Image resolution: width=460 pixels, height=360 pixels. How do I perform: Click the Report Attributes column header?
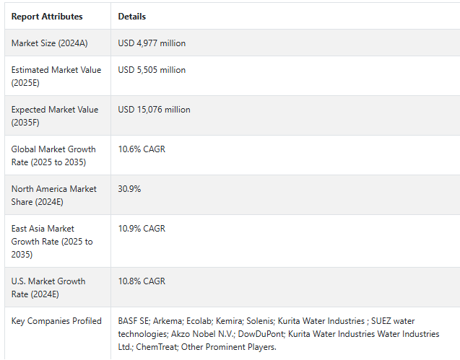(x=47, y=16)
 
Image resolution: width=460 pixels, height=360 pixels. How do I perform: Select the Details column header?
(x=131, y=16)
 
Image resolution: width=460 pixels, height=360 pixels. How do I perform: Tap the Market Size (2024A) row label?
(x=50, y=43)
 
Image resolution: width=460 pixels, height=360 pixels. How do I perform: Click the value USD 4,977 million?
(x=152, y=43)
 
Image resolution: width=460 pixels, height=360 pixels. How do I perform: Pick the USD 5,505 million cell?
(x=152, y=70)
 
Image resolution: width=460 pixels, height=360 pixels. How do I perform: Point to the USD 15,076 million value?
(x=154, y=110)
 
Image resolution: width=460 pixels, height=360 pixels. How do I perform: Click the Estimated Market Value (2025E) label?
(x=56, y=76)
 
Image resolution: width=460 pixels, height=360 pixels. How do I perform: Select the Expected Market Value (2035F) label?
(x=55, y=116)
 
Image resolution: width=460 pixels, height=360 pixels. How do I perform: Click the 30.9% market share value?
(x=129, y=189)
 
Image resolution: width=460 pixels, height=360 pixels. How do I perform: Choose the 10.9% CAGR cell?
(x=142, y=229)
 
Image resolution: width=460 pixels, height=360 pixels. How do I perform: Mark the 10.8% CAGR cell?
(x=142, y=281)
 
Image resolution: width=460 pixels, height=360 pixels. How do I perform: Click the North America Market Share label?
(x=53, y=196)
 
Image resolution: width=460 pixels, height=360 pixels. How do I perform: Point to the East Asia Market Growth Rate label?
(x=52, y=242)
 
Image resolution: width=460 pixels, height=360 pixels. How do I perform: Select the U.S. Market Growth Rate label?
(x=48, y=288)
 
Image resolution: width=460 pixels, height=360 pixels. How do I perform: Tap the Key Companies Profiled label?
(x=56, y=321)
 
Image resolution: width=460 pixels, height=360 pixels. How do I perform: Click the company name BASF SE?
(x=134, y=321)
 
